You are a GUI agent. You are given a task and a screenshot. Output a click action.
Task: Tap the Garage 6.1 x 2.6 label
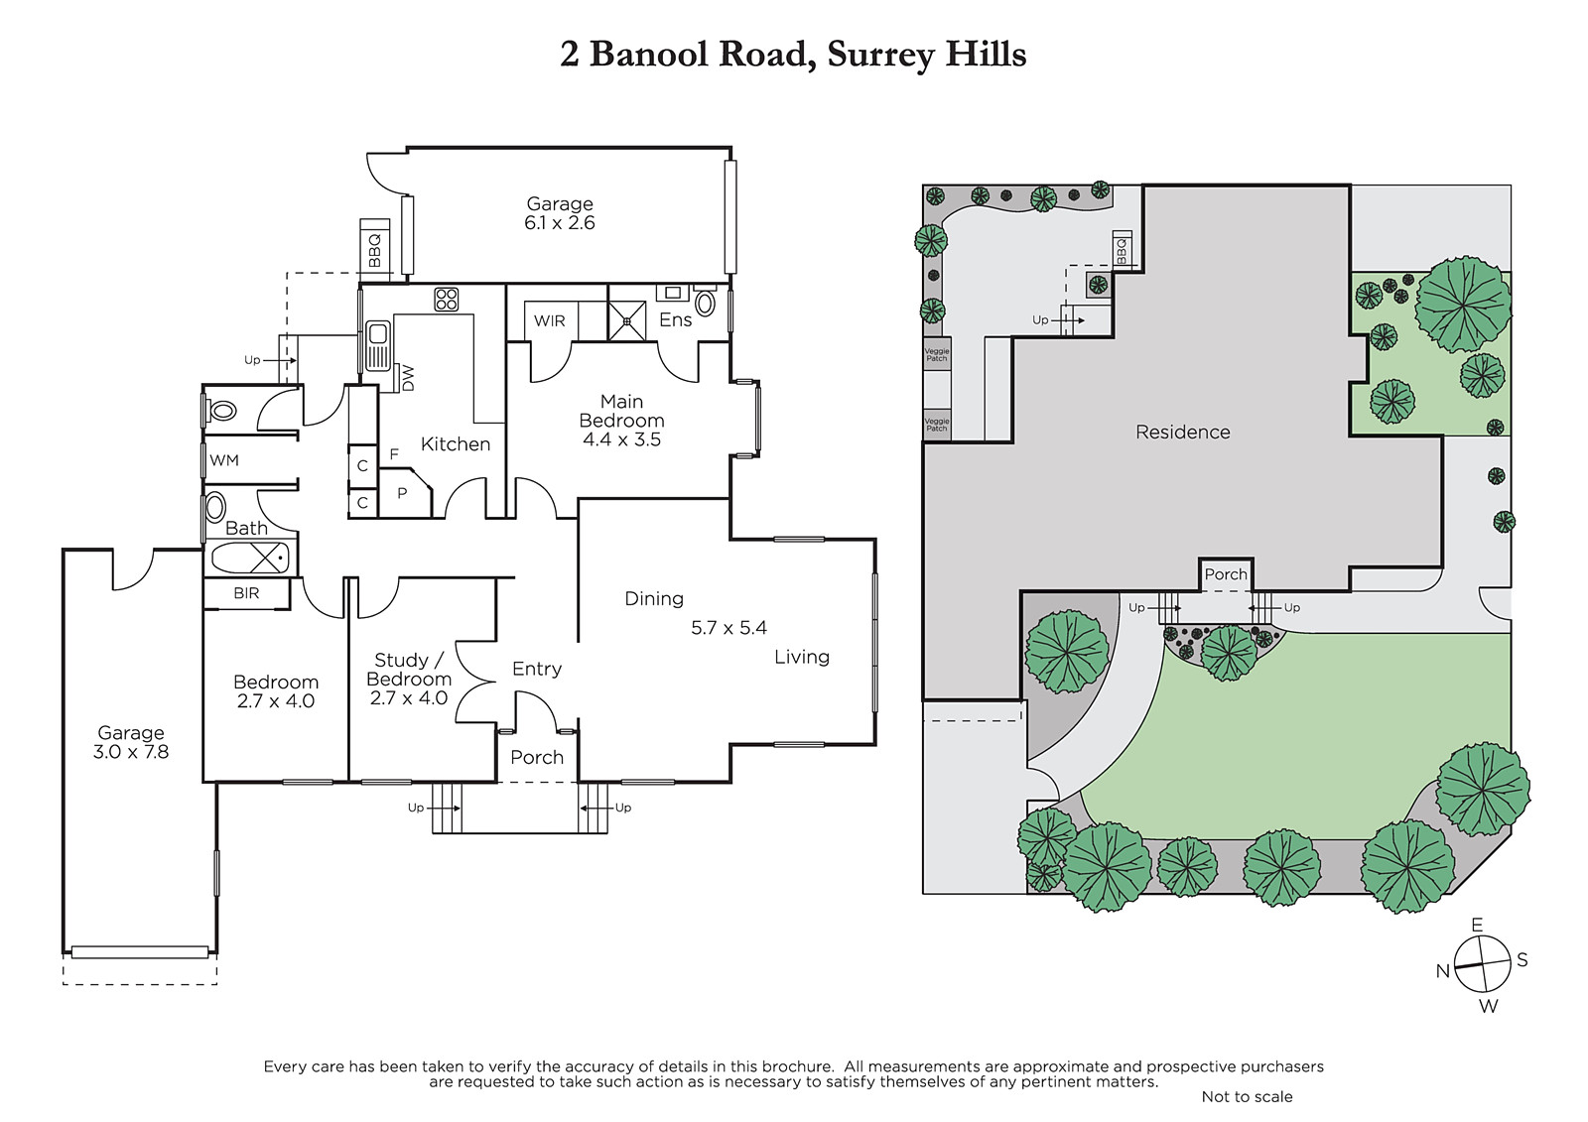point(560,213)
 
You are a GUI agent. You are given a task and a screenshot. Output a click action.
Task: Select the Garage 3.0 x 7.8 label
point(131,742)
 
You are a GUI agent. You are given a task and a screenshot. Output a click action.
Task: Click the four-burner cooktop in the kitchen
point(447,300)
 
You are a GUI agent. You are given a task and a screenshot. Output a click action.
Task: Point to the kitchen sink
point(378,346)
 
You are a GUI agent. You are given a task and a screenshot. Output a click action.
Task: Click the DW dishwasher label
point(408,378)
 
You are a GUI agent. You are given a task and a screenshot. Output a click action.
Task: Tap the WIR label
point(550,321)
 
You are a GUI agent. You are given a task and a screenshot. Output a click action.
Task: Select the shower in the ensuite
point(627,321)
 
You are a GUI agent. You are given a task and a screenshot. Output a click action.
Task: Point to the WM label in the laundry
point(224,460)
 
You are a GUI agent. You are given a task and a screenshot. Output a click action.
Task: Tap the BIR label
point(247,593)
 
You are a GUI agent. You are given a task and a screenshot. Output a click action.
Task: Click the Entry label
point(537,669)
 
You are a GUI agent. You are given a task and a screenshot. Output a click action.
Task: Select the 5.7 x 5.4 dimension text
point(728,628)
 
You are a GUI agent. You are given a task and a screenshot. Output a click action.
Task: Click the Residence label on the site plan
point(1182,433)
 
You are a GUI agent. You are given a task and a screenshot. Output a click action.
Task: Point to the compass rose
point(1482,964)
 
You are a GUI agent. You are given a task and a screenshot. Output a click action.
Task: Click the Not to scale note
point(1247,1096)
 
